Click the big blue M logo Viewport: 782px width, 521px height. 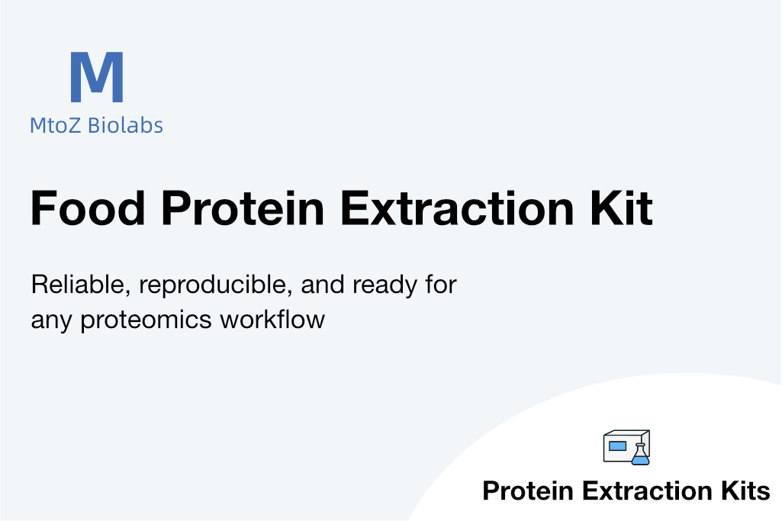pyautogui.click(x=97, y=77)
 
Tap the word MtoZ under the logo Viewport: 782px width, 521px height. pyautogui.click(x=56, y=125)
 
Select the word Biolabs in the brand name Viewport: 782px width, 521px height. pyautogui.click(x=125, y=125)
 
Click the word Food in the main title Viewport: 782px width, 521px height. pyautogui.click(x=88, y=208)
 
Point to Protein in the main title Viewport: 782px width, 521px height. pyautogui.click(x=243, y=208)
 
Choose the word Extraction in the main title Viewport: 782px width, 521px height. pyautogui.click(x=457, y=208)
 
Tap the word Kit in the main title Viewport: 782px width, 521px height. pyautogui.click(x=622, y=208)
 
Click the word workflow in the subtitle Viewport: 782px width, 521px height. pyautogui.click(x=273, y=319)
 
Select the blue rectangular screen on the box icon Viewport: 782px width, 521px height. pyautogui.click(x=617, y=445)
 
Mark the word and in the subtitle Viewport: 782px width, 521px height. pyautogui.click(x=323, y=285)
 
